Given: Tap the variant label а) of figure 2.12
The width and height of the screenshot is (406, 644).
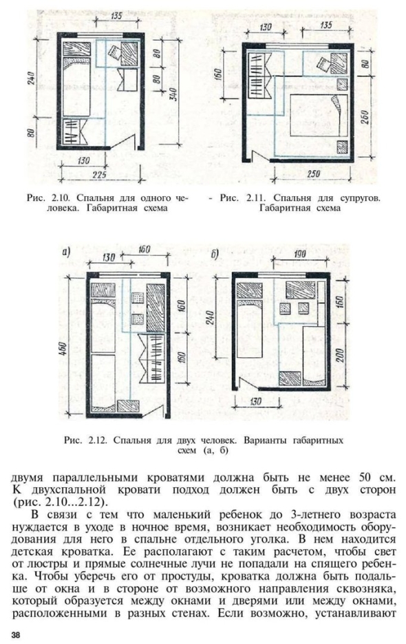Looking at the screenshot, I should (67, 253).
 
